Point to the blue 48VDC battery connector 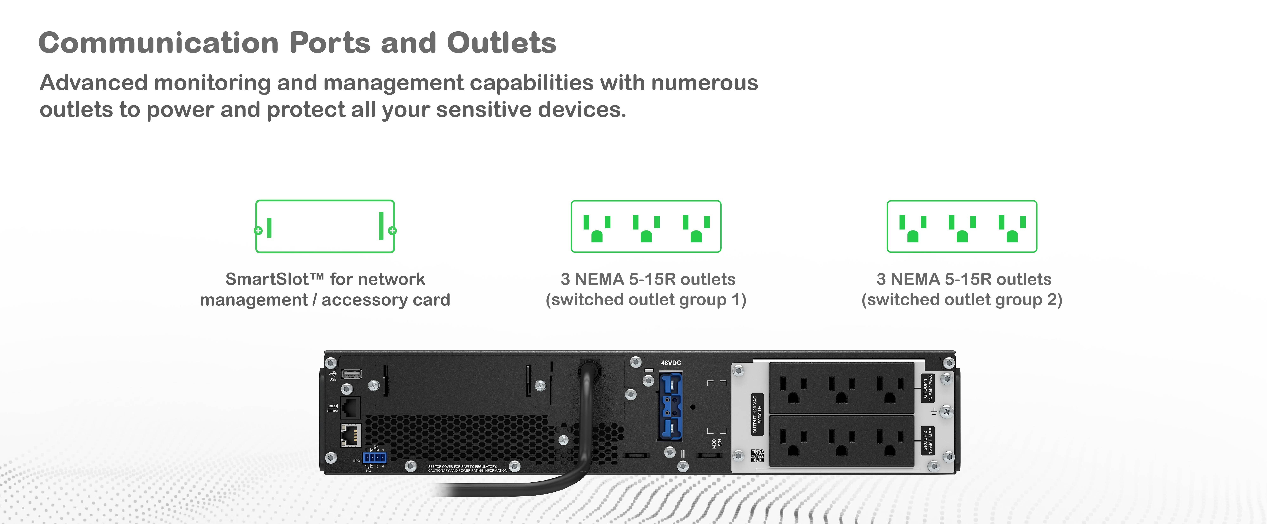[x=670, y=407]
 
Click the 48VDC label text [x=671, y=363]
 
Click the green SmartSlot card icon [x=325, y=227]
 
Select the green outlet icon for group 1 [x=646, y=227]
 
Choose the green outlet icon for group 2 [x=961, y=227]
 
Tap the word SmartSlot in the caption [x=267, y=279]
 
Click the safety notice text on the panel [x=467, y=469]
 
